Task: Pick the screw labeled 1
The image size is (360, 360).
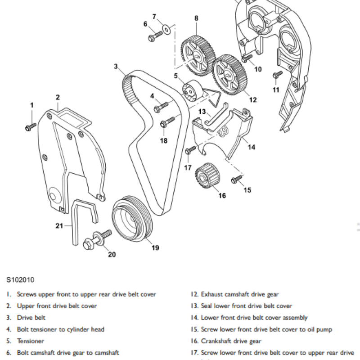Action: [30, 127]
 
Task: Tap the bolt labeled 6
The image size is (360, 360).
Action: [155, 34]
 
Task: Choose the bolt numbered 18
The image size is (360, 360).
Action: [168, 121]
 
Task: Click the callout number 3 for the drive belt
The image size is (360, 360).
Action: [116, 67]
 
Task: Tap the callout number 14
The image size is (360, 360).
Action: [251, 147]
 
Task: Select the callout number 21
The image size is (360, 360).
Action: [59, 226]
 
